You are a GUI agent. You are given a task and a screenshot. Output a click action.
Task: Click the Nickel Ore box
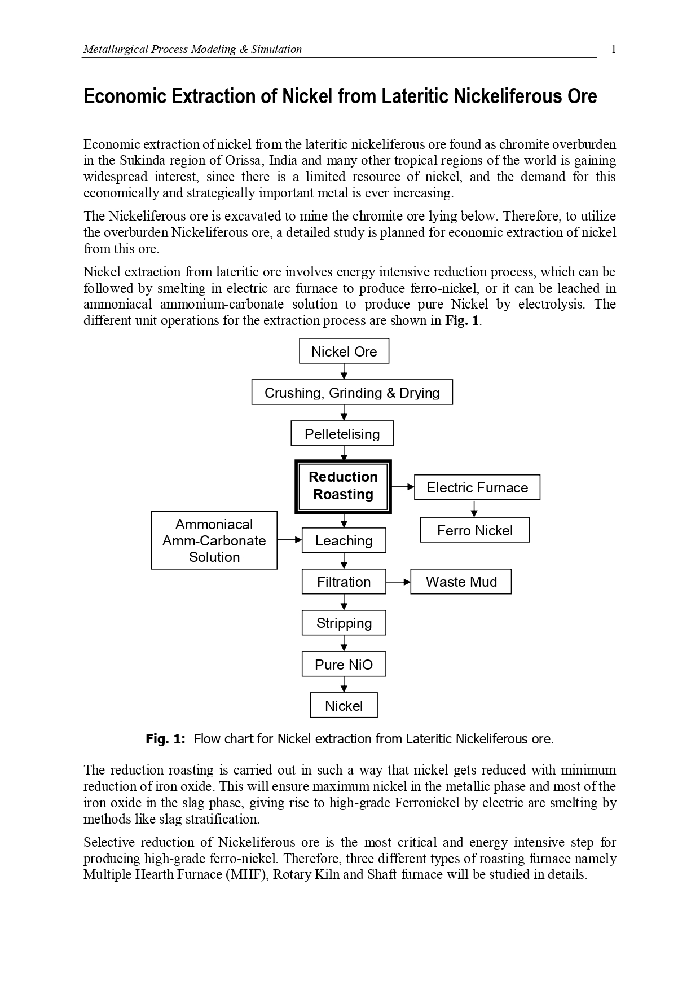point(344,351)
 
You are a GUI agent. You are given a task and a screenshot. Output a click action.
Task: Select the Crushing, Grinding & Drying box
point(352,393)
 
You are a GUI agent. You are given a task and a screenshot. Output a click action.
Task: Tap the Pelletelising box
point(342,434)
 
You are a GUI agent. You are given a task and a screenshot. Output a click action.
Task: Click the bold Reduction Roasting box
point(343,486)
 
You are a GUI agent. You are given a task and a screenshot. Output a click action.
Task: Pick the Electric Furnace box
point(477,487)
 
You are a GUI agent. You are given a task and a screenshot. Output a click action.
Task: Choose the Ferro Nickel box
point(474,530)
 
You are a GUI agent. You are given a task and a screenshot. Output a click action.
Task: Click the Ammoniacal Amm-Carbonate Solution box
point(214,540)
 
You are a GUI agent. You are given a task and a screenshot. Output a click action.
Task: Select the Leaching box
point(344,540)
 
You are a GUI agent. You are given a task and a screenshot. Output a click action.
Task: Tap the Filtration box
point(344,582)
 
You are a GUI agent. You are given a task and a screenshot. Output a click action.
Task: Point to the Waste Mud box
point(461,582)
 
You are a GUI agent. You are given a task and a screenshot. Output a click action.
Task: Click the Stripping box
point(344,623)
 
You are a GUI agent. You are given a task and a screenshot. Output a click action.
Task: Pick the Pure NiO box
point(344,664)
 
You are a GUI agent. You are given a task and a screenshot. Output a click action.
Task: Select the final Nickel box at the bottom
point(344,706)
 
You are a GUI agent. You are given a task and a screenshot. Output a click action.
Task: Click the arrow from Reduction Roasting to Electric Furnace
point(403,486)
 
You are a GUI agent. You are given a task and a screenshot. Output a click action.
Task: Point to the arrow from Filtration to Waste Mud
point(398,582)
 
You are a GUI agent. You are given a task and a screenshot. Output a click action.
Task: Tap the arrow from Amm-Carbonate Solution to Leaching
point(289,540)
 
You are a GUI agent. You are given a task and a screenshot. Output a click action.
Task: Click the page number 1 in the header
point(614,49)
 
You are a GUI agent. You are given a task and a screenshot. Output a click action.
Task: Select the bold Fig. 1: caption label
point(165,739)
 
